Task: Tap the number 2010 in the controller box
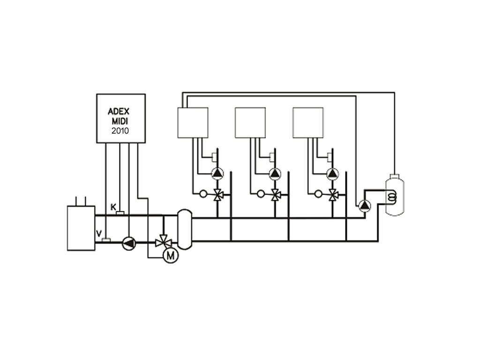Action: coord(120,131)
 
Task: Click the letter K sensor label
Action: coord(113,207)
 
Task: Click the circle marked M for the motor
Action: coord(171,255)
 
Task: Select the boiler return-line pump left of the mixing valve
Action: coord(128,242)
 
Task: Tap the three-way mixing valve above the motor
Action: coord(163,242)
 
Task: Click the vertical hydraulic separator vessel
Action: coord(185,229)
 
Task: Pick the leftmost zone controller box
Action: coord(192,122)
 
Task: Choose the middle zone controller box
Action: coord(250,122)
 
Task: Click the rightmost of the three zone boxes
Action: coord(308,122)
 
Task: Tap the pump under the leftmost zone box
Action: coord(217,173)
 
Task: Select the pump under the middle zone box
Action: coord(275,173)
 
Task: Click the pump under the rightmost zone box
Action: coord(332,173)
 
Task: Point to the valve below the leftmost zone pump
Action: coord(217,194)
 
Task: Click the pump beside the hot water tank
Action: coord(364,205)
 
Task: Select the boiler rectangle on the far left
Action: coord(82,228)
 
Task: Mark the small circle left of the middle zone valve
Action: coord(261,193)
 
